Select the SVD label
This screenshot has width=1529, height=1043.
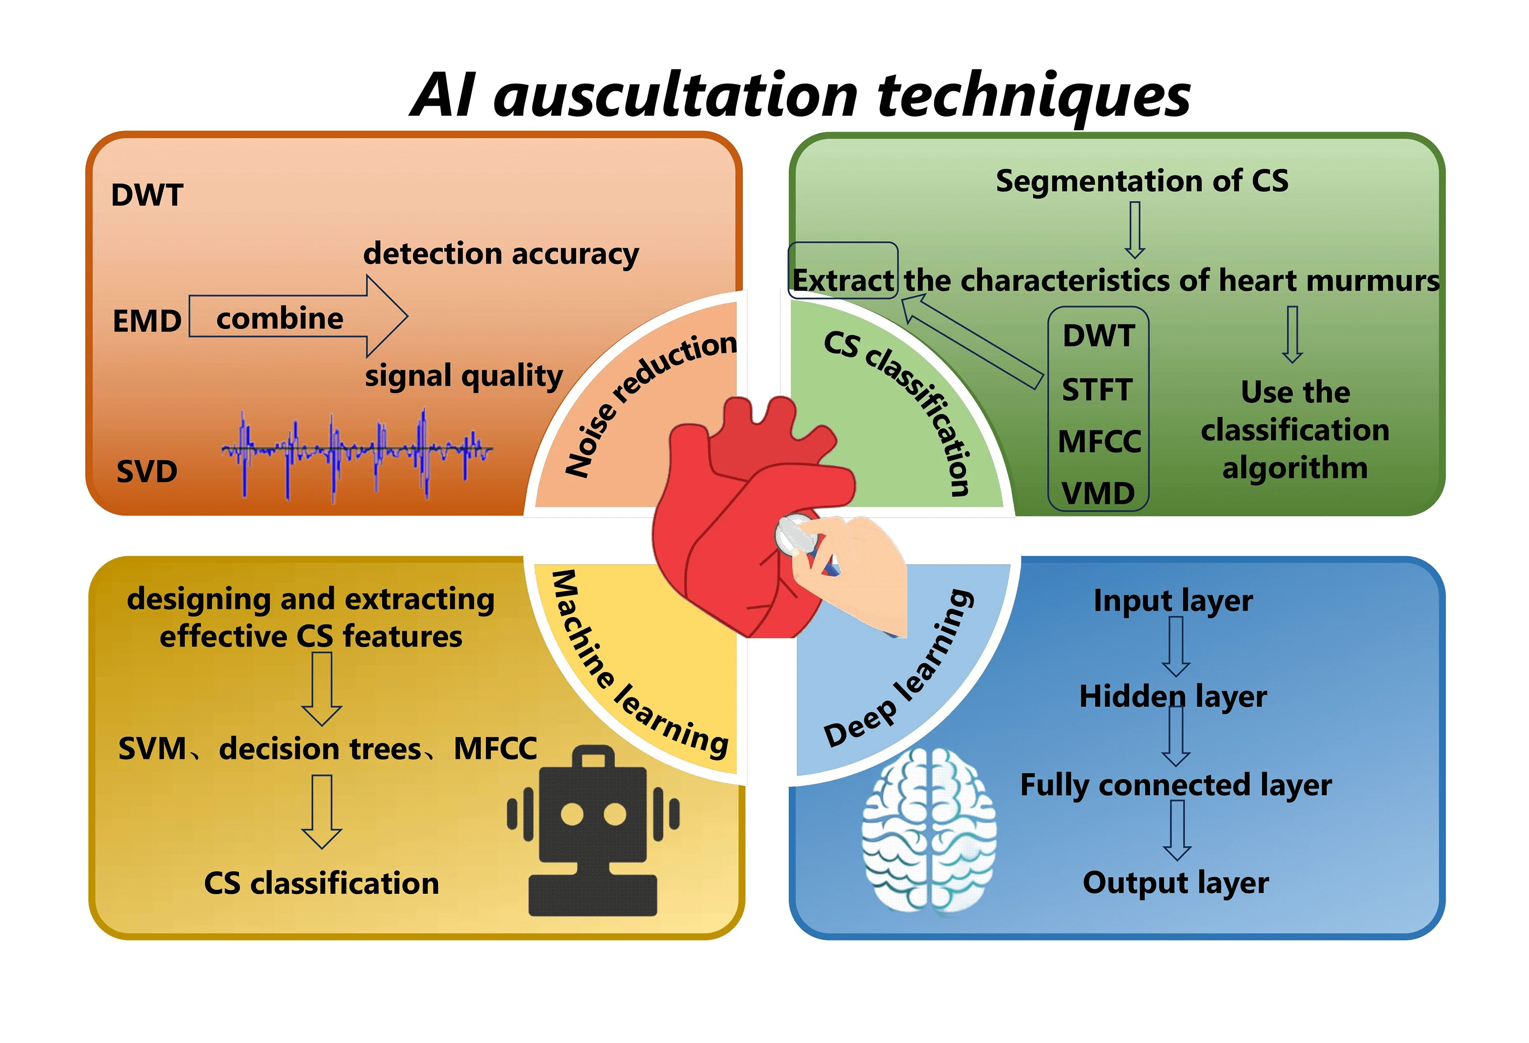point(147,471)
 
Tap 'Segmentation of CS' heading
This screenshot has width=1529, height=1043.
point(1141,181)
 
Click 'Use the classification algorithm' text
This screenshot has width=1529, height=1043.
point(1295,430)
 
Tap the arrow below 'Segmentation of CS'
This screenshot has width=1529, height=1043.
point(1135,230)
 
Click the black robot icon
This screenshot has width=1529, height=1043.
point(593,836)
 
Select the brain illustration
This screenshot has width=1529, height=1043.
point(929,831)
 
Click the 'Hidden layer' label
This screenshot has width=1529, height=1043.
point(1173,696)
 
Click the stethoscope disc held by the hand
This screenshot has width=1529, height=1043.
point(796,534)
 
